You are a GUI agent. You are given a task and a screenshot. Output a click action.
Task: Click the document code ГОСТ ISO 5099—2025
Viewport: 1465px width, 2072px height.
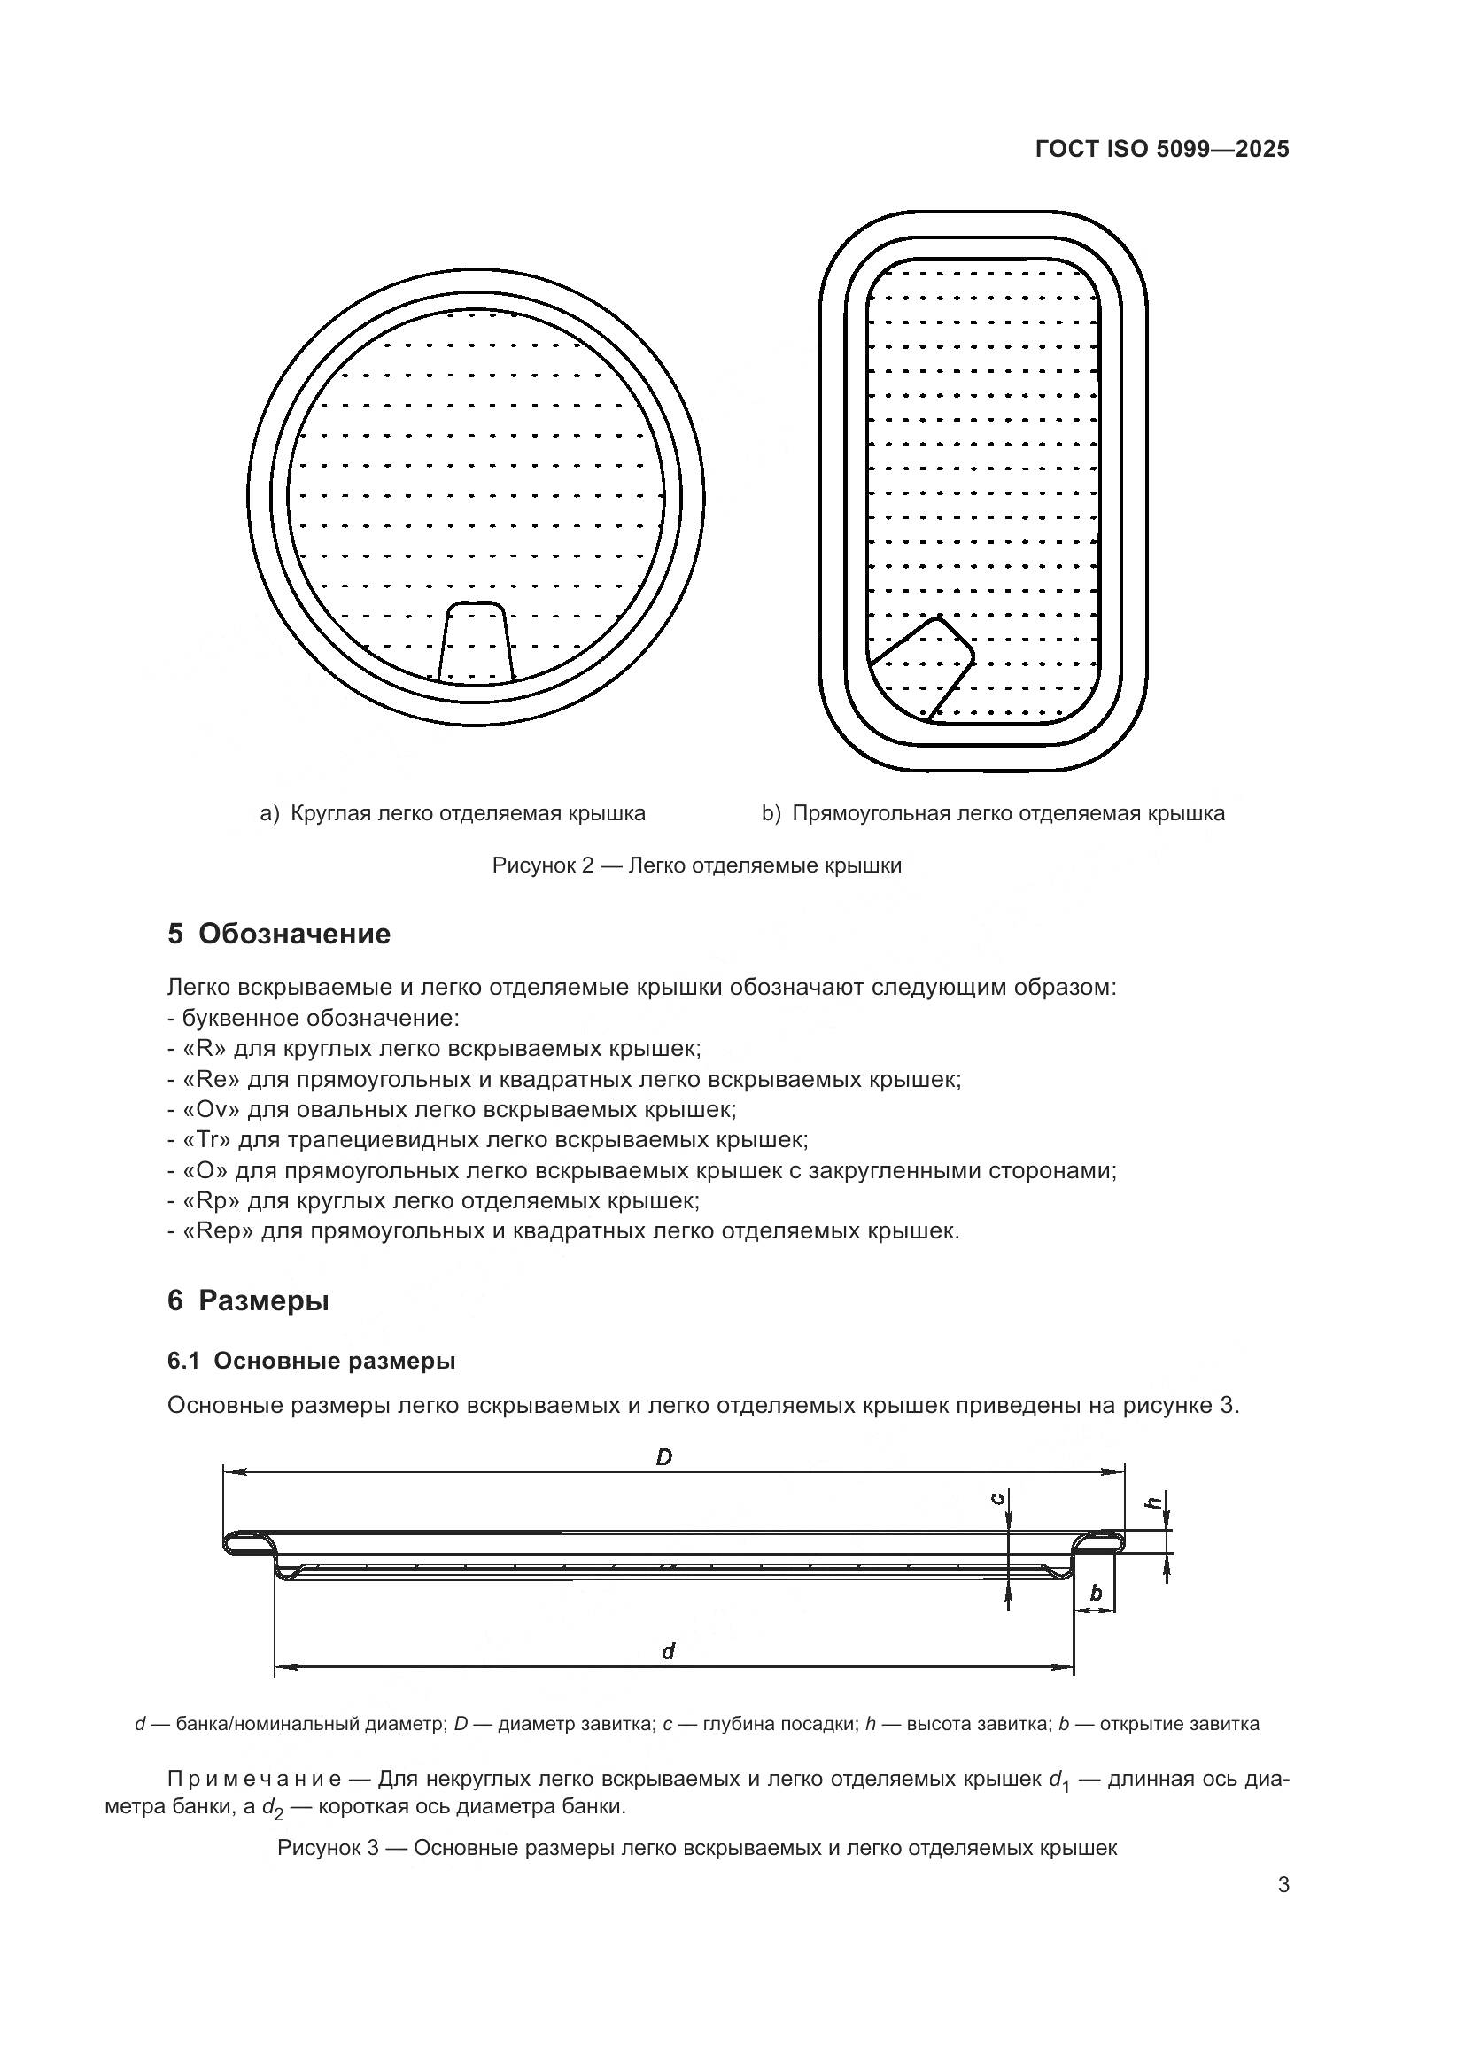(1162, 149)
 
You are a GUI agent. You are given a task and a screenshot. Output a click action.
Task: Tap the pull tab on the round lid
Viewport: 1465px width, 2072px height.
(476, 641)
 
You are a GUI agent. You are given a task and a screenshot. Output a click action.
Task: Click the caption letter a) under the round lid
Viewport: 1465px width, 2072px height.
(270, 814)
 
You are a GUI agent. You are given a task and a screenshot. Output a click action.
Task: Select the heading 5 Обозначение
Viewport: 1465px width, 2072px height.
(279, 934)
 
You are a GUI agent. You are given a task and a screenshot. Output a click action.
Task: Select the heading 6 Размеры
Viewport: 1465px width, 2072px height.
(248, 1301)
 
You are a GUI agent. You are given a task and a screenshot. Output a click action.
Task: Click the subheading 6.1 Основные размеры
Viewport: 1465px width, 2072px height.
(311, 1362)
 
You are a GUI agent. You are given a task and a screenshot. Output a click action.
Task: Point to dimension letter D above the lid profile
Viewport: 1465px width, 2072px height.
(664, 1456)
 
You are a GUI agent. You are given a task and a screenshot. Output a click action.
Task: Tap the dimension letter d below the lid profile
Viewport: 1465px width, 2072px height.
(668, 1651)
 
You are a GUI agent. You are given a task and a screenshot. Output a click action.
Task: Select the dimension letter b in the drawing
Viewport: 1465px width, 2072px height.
(1096, 1593)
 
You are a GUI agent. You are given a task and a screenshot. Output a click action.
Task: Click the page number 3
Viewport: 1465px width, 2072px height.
(1283, 1885)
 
